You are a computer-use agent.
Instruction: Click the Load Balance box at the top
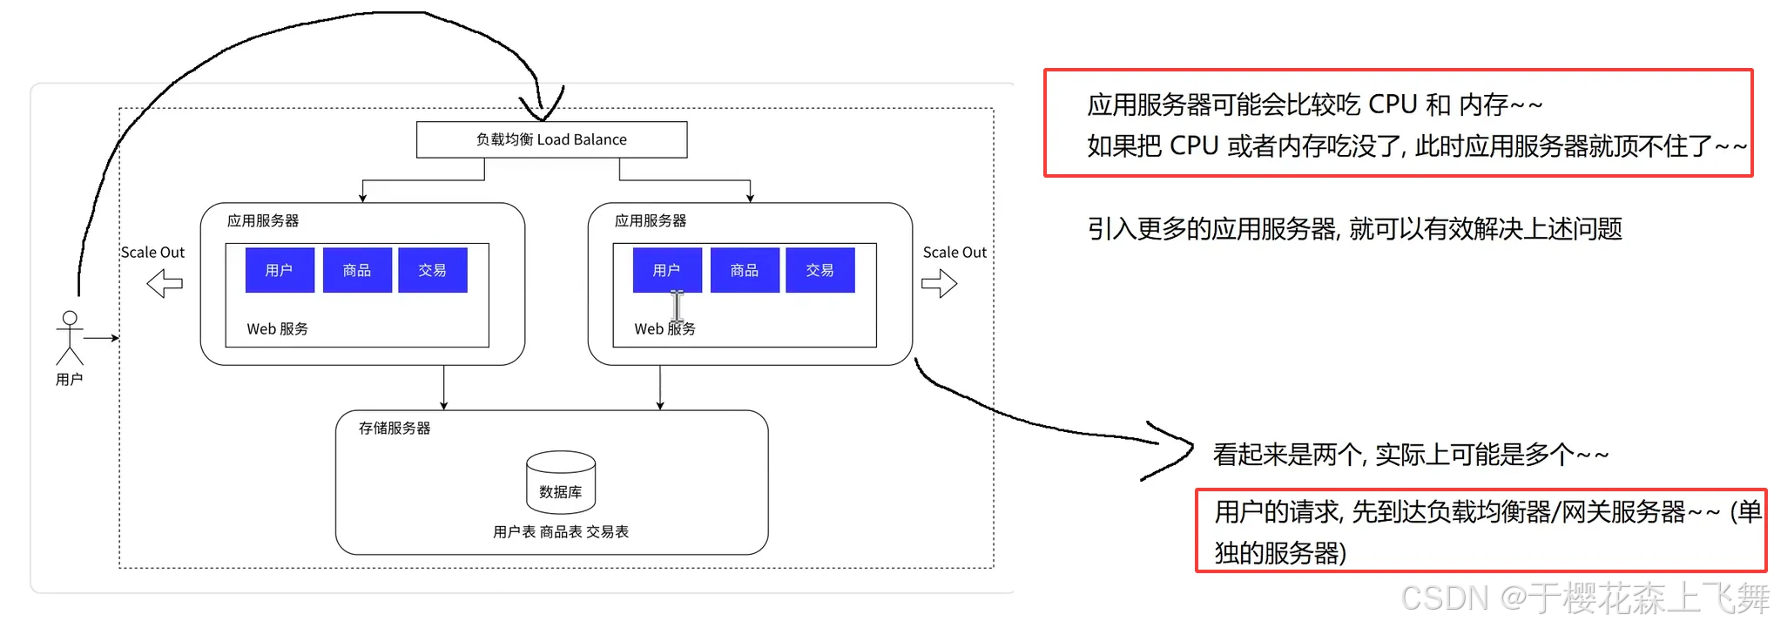(x=551, y=139)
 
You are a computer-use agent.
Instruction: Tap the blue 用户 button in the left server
(x=279, y=270)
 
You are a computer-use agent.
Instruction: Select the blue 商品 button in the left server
(x=357, y=270)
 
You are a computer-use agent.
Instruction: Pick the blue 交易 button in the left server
(x=432, y=270)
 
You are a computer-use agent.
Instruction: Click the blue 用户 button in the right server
(x=666, y=270)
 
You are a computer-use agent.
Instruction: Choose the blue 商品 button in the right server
(x=745, y=270)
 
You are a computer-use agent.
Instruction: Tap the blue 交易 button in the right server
(x=820, y=270)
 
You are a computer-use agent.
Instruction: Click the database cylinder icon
(x=561, y=482)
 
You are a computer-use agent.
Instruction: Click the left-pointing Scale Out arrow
(x=165, y=283)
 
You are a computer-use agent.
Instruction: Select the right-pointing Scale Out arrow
(x=939, y=283)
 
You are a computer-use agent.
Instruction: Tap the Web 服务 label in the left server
(x=277, y=329)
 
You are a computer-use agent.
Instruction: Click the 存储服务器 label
(x=395, y=429)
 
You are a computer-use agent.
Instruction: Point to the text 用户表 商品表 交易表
(x=560, y=531)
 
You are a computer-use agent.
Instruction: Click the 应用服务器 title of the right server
(x=650, y=221)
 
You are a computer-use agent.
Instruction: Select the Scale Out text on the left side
(x=152, y=253)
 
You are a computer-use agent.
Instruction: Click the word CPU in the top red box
(x=1393, y=105)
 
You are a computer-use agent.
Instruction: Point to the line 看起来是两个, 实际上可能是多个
(x=1410, y=455)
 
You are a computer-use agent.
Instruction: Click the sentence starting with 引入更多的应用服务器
(x=1354, y=229)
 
